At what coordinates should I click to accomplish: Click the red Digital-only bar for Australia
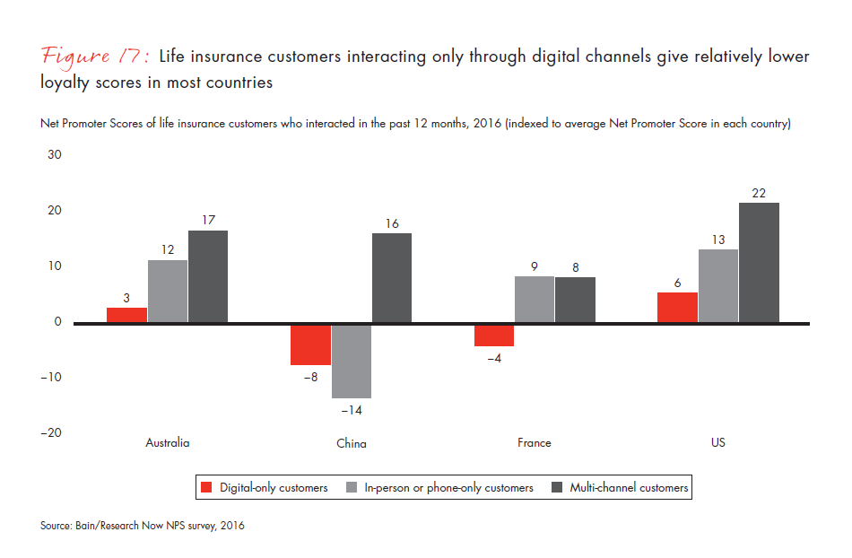pyautogui.click(x=127, y=315)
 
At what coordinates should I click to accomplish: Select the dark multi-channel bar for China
pyautogui.click(x=392, y=277)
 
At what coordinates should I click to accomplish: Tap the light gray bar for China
pyautogui.click(x=352, y=361)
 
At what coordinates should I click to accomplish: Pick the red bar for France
pyautogui.click(x=494, y=335)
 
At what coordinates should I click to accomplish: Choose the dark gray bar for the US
pyautogui.click(x=759, y=262)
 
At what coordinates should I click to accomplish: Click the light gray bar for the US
pyautogui.click(x=718, y=285)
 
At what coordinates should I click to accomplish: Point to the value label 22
pyautogui.click(x=759, y=193)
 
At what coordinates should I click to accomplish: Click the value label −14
pyautogui.click(x=351, y=410)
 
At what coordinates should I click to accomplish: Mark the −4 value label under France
pyautogui.click(x=494, y=358)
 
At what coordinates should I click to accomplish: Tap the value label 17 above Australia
pyautogui.click(x=208, y=221)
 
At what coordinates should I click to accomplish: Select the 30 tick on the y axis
pyautogui.click(x=54, y=154)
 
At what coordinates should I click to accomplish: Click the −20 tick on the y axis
pyautogui.click(x=50, y=432)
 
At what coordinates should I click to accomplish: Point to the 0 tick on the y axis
pyautogui.click(x=57, y=321)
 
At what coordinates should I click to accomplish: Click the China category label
pyautogui.click(x=352, y=443)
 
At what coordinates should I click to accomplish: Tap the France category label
pyautogui.click(x=535, y=443)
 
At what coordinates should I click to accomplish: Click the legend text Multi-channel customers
pyautogui.click(x=629, y=488)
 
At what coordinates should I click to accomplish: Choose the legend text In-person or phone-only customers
pyautogui.click(x=448, y=488)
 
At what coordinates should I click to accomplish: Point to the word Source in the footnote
pyautogui.click(x=56, y=527)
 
